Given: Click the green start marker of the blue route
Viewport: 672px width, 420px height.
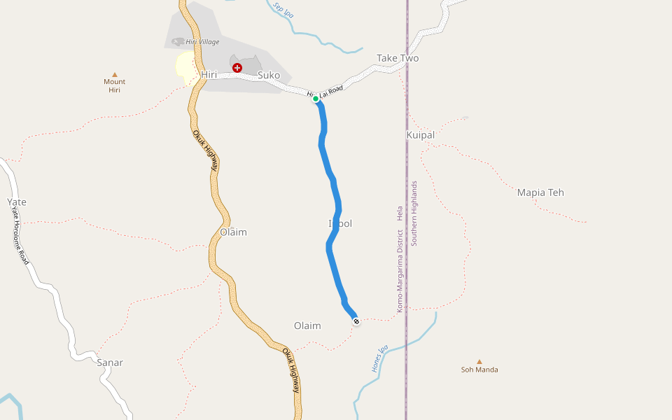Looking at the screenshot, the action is click(x=316, y=99).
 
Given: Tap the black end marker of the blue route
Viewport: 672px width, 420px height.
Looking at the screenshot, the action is click(x=356, y=321).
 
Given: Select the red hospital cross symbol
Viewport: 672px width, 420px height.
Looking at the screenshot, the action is click(x=237, y=68).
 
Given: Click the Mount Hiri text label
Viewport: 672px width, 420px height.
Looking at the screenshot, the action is click(x=115, y=86).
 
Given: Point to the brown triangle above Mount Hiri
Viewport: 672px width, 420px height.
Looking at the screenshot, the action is click(x=115, y=74).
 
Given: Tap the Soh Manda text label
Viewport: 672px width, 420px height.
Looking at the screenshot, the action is click(x=479, y=370).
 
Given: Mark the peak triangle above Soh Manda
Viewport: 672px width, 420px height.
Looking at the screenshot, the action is click(x=479, y=361).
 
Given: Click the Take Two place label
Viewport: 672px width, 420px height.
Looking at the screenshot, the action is click(x=398, y=58).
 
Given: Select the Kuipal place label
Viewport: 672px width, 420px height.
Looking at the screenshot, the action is click(x=420, y=134).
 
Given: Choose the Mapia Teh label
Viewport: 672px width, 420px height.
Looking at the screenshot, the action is click(x=540, y=192).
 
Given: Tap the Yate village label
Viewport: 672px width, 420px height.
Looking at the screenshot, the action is click(x=17, y=202).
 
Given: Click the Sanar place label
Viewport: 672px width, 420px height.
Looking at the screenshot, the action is click(x=110, y=363).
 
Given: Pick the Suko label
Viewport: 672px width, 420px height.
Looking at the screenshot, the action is click(x=269, y=75).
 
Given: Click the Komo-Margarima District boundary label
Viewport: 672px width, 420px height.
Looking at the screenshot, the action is click(x=400, y=269).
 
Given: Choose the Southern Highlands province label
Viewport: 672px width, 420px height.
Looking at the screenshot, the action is click(x=414, y=213).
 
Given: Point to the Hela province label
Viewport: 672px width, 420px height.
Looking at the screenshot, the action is click(x=400, y=212).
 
